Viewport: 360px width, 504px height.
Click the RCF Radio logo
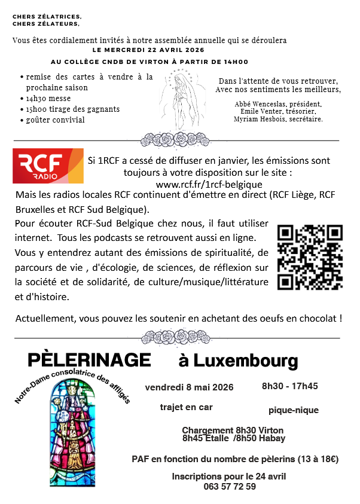[x=48, y=166]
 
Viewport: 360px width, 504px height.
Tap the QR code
[x=310, y=256]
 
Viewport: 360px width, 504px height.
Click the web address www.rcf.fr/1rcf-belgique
[x=209, y=184]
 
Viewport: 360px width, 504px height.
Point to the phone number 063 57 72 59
[x=230, y=487]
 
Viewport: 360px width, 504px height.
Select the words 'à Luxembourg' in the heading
[x=238, y=361]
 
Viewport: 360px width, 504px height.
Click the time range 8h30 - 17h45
[x=289, y=386]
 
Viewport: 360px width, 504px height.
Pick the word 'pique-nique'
[x=294, y=410]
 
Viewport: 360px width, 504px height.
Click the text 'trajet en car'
[x=187, y=407]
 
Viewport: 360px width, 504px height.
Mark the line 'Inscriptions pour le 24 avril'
[x=229, y=476]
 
